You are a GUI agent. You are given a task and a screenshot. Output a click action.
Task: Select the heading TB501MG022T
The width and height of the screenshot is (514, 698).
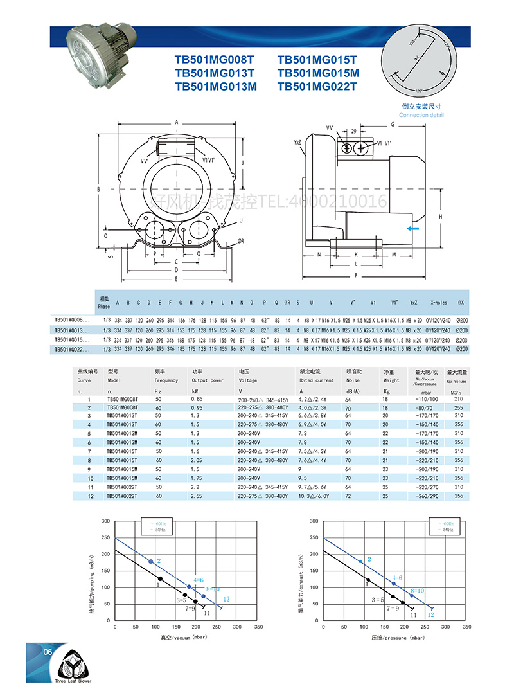coord(319,86)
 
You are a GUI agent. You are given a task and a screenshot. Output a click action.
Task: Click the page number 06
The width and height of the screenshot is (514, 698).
coord(47,652)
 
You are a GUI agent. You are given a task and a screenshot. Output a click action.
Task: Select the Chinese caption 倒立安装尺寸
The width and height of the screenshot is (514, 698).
coord(421,107)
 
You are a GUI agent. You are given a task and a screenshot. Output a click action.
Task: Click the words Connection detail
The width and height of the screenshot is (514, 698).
coord(421,115)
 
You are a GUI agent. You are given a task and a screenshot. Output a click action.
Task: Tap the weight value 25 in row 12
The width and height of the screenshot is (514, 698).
coord(386,496)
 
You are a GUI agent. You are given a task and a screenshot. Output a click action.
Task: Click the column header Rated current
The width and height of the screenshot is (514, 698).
coord(317,380)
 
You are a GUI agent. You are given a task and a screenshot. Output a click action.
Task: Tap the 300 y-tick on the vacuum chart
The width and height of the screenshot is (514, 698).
coord(105,520)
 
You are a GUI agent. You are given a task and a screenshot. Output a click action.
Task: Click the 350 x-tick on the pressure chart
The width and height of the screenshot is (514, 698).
coord(466,626)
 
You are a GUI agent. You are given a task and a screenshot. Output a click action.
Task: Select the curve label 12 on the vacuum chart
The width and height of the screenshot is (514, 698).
coord(226,599)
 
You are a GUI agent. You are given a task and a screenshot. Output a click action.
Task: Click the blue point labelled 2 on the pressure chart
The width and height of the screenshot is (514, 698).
coord(360,561)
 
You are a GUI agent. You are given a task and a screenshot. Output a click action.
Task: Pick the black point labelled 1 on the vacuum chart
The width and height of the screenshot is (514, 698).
coord(161,579)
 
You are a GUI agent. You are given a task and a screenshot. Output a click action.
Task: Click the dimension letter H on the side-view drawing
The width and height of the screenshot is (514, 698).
coord(441,217)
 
